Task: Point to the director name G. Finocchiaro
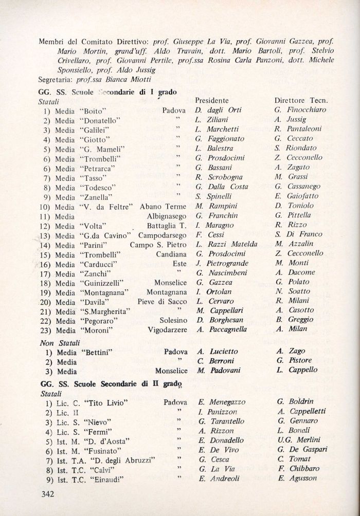(x=300, y=110)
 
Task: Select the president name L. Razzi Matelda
(x=226, y=245)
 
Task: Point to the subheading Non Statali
(x=58, y=342)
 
